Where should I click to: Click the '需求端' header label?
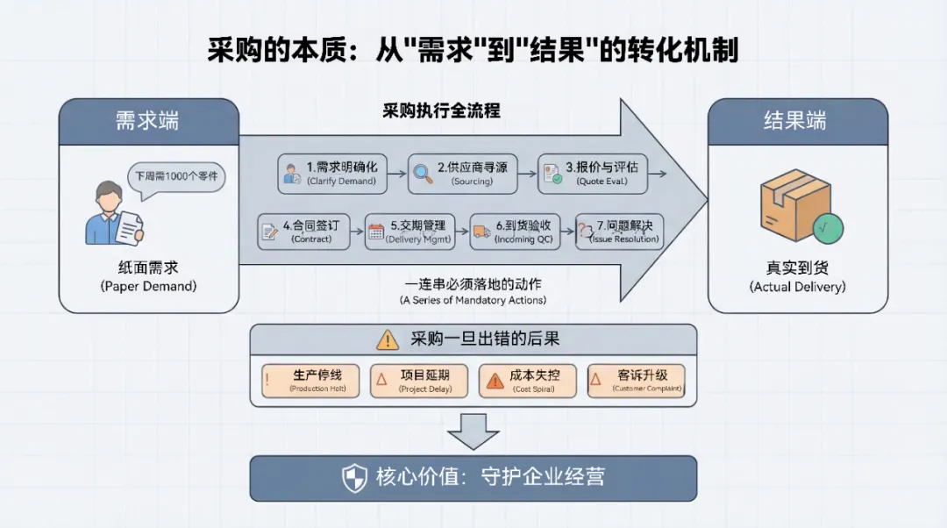pyautogui.click(x=147, y=121)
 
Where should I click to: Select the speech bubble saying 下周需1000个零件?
pyautogui.click(x=176, y=177)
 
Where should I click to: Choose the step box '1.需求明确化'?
pyautogui.click(x=331, y=173)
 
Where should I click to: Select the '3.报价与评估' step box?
pyautogui.click(x=594, y=173)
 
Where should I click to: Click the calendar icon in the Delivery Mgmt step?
pyautogui.click(x=376, y=232)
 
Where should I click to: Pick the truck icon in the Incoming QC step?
pyautogui.click(x=481, y=232)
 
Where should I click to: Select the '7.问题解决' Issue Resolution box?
pyautogui.click(x=619, y=232)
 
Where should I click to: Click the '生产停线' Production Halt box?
pyautogui.click(x=310, y=382)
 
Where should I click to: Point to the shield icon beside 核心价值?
pyautogui.click(x=354, y=478)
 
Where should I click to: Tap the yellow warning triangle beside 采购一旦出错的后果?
pyautogui.click(x=387, y=339)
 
